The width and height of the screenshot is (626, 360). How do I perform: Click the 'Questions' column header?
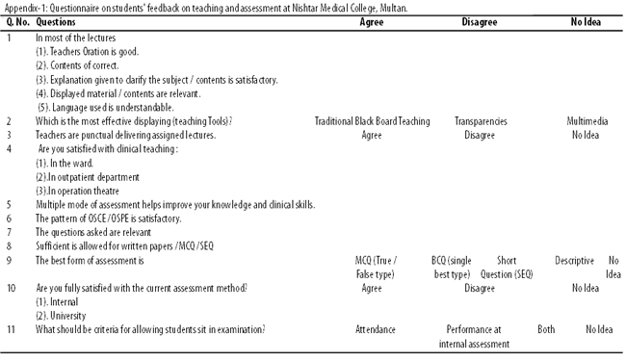pos(56,22)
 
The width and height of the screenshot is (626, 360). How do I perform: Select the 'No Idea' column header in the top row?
pos(586,22)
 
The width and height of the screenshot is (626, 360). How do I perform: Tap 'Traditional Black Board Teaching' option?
pos(372,121)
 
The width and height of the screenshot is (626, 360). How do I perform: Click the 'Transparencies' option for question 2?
pos(481,121)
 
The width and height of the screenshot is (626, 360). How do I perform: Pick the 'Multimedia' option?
pos(587,121)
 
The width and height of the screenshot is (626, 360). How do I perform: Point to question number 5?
pos(9,205)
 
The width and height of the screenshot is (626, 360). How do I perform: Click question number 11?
pos(11,329)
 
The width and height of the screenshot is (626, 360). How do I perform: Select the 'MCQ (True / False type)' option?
pos(376,268)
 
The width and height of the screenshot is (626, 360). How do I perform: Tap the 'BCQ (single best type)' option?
pos(452,268)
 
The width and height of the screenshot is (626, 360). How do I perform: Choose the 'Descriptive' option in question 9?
pos(575,261)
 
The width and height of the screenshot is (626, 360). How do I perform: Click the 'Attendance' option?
pos(376,329)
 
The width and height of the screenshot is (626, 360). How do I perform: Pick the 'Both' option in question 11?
pos(546,329)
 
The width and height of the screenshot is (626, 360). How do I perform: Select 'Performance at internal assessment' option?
pos(474,337)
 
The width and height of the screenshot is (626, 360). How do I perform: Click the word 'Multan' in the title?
pos(396,8)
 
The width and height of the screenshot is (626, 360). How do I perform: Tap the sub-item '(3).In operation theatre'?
pos(77,191)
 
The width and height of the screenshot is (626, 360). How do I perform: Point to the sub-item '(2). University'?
pos(61,316)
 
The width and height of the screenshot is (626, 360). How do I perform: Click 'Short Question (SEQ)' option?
pos(507,268)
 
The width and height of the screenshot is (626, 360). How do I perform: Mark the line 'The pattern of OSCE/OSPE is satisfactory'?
pos(108,219)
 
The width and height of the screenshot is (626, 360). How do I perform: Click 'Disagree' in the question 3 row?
pos(480,136)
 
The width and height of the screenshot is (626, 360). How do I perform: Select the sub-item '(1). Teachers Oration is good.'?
pos(87,52)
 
